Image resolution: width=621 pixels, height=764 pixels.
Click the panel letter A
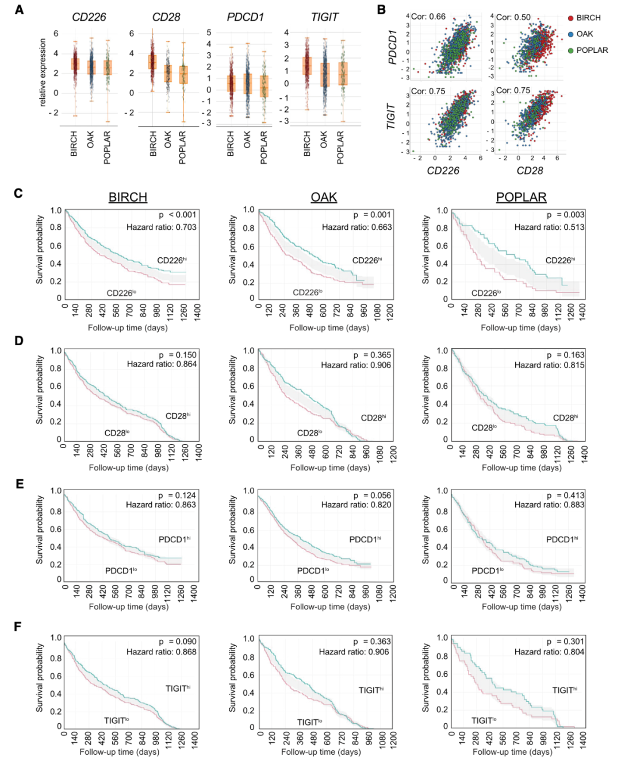click(20, 10)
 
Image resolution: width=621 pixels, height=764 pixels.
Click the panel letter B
click(381, 10)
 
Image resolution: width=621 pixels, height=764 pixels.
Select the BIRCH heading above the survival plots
click(128, 197)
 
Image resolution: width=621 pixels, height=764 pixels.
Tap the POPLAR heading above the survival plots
click(521, 197)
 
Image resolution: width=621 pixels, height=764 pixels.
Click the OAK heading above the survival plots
click(324, 197)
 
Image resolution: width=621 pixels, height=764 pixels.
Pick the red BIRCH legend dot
click(570, 18)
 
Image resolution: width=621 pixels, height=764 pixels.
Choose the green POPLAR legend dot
click(570, 51)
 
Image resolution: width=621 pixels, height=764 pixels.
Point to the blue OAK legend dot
click(570, 34)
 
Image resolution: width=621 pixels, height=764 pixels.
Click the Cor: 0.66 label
click(428, 17)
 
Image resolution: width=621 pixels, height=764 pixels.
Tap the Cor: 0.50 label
click(513, 17)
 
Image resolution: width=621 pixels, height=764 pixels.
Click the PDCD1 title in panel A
click(246, 17)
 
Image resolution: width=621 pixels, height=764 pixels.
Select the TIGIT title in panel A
click(324, 17)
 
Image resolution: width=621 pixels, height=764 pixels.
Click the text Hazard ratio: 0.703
click(162, 227)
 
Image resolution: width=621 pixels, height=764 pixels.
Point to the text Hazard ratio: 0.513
click(549, 227)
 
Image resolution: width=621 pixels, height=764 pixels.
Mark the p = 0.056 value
click(372, 495)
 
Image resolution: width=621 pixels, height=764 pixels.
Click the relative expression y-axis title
click(43, 72)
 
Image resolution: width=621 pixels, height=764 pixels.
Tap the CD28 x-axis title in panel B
click(530, 171)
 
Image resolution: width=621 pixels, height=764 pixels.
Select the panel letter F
click(18, 626)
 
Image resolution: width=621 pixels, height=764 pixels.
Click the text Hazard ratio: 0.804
click(549, 651)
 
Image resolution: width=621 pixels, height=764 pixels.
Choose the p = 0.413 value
click(565, 495)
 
